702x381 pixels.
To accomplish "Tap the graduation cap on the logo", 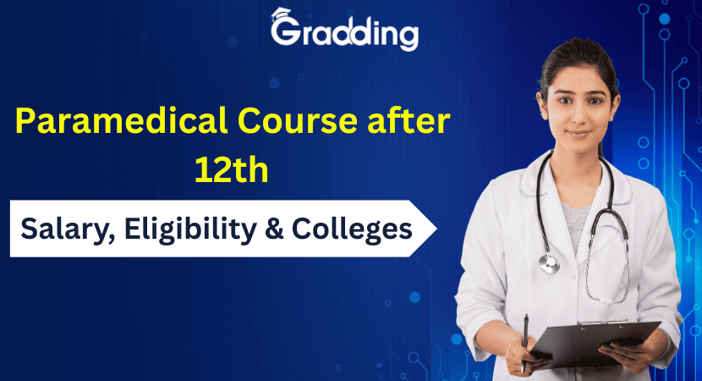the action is coord(281,14).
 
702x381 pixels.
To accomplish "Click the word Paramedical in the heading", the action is coord(121,121).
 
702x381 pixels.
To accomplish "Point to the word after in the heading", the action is coord(409,120).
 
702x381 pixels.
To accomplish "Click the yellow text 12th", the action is coord(232,170).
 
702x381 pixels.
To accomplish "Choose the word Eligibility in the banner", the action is coord(190,229).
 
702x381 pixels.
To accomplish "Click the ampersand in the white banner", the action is coord(274,229).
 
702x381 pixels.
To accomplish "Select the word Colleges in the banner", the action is coord(352,229).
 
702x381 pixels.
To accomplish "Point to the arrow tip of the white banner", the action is coord(436,229).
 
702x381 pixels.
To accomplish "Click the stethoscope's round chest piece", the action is coord(549,263).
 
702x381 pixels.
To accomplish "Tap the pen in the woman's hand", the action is coord(524,343).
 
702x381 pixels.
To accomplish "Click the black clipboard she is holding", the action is coord(595,344).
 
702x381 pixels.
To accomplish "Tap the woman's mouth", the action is coord(578,133).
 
